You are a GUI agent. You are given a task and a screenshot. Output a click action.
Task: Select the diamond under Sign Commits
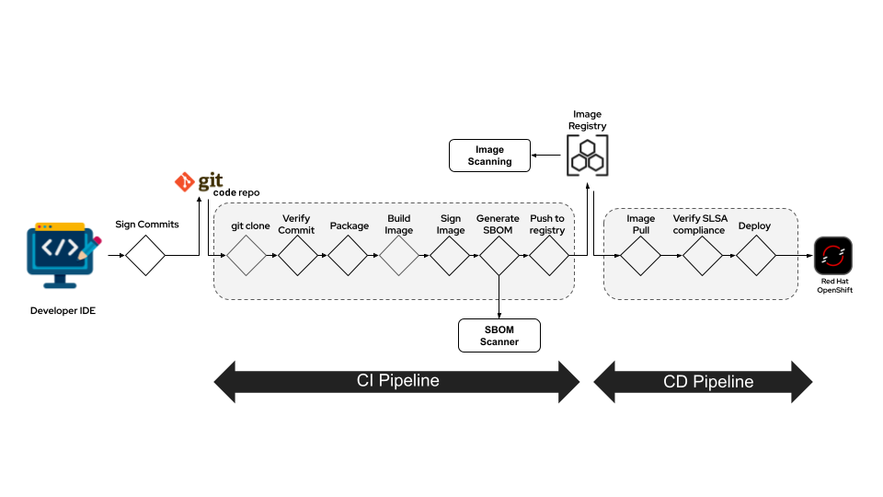coord(145,255)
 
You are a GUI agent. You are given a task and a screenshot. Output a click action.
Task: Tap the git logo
coord(199,181)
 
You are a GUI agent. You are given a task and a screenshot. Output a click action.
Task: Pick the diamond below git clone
coord(247,255)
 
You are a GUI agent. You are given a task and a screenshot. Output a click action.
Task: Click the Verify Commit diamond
coord(297,255)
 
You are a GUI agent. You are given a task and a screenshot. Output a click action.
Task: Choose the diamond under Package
coord(348,255)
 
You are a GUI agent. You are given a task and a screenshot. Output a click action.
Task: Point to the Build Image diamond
coord(398,255)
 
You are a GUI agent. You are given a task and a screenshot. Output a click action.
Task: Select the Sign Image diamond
coord(449,255)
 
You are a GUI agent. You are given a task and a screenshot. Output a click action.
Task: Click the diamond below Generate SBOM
coord(499,255)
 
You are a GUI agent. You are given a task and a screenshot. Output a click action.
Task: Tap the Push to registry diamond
coord(548,255)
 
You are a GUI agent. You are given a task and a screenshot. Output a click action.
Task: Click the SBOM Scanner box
coord(499,335)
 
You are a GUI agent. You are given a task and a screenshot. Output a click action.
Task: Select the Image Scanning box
coord(489,156)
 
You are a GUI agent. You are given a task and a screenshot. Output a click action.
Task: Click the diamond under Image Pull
coord(640,255)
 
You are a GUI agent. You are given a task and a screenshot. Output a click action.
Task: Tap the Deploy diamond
coord(755,255)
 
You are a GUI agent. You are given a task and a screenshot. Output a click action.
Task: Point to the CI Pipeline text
coord(397,381)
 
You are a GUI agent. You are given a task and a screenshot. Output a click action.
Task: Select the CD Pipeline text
coord(708,381)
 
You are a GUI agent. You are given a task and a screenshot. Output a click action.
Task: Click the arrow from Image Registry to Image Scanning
coord(549,156)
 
